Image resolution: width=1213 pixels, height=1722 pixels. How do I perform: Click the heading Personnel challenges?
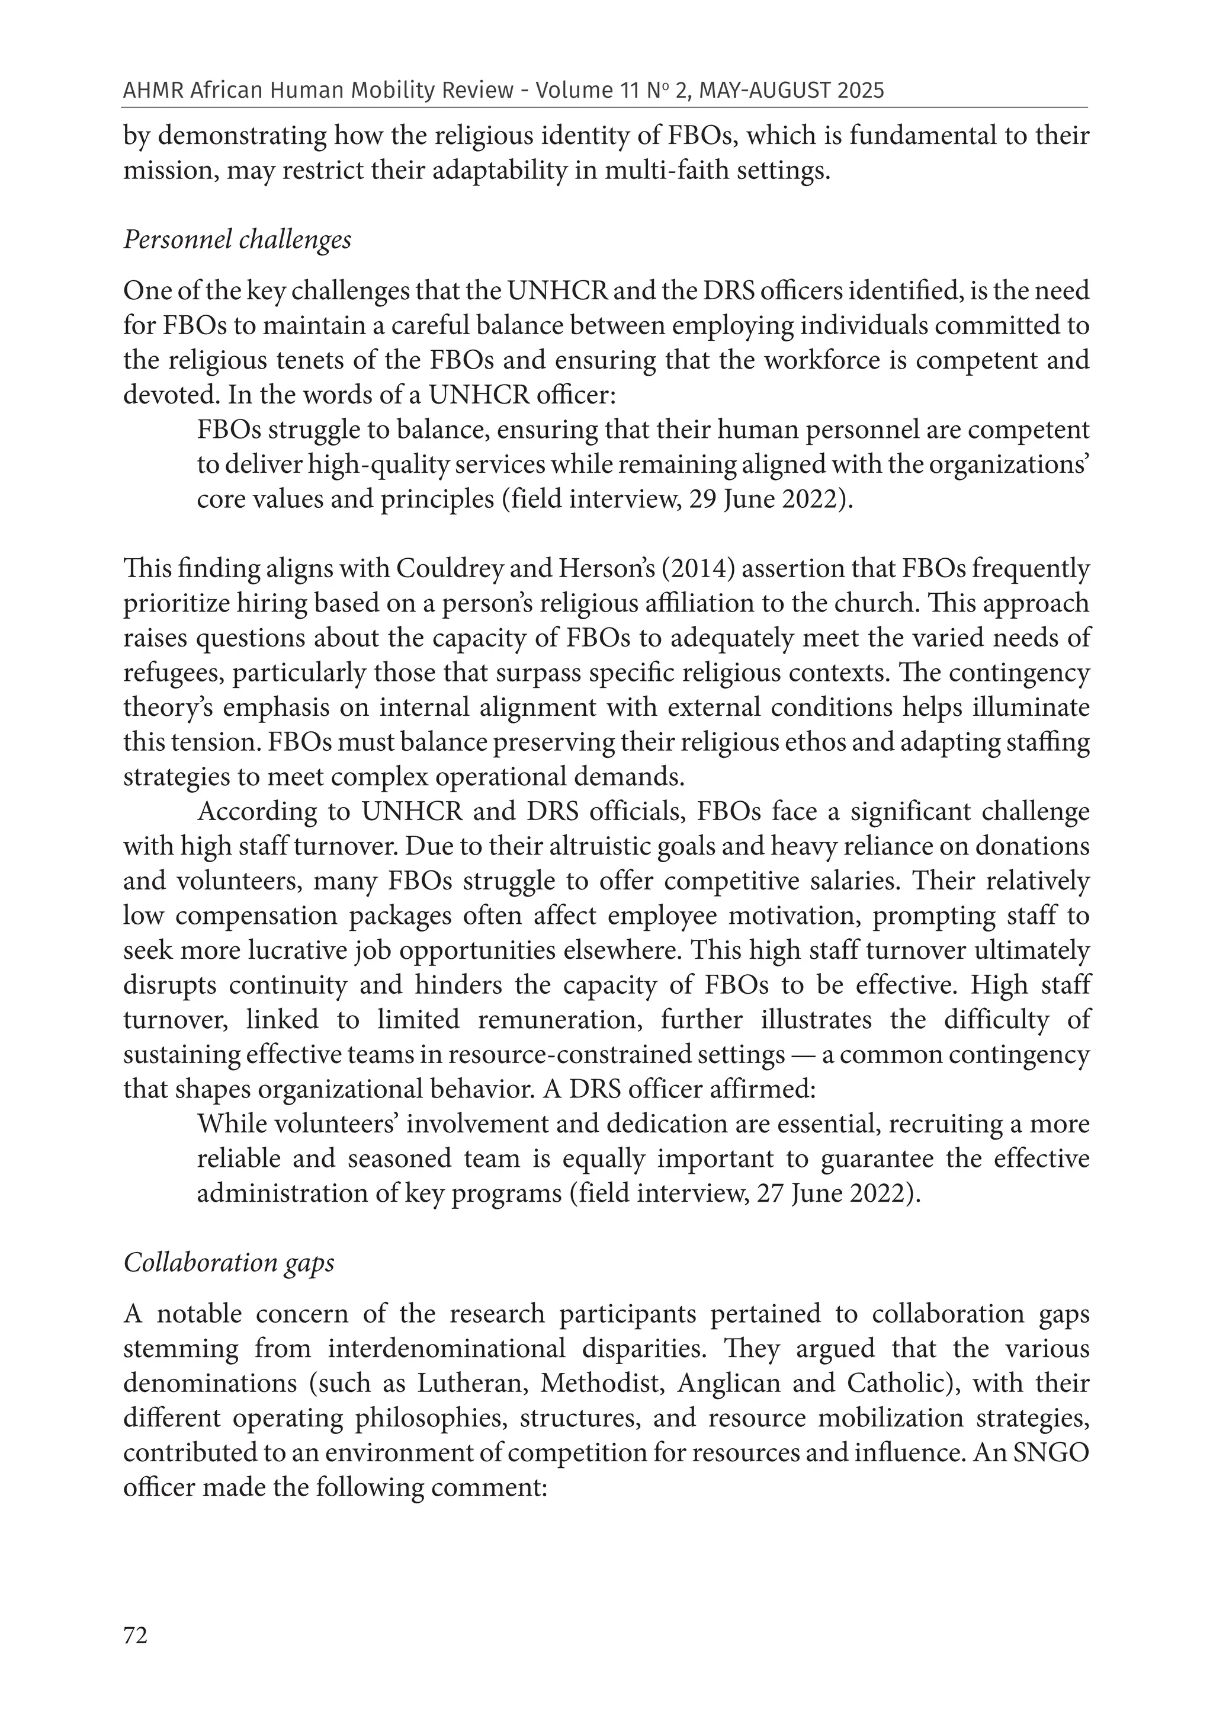237,239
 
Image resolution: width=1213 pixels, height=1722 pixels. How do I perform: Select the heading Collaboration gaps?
229,1262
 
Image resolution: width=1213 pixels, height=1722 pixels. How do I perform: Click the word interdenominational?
446,1347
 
